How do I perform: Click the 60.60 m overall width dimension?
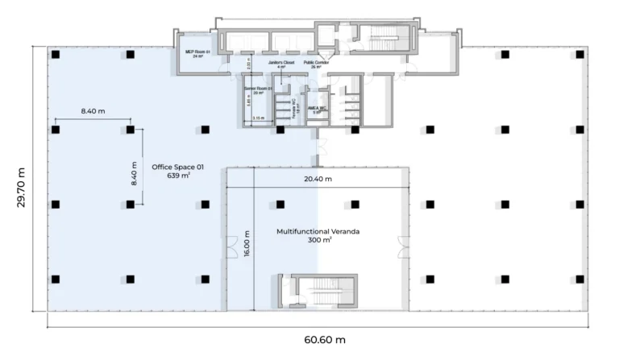pyautogui.click(x=325, y=339)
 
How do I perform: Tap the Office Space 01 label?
pyautogui.click(x=178, y=168)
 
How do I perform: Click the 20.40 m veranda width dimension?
pyautogui.click(x=319, y=179)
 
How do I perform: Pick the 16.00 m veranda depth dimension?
pyautogui.click(x=247, y=245)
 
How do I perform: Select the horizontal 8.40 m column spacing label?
pyautogui.click(x=92, y=111)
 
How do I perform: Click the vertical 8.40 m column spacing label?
pyautogui.click(x=134, y=172)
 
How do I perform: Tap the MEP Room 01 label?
pyautogui.click(x=197, y=52)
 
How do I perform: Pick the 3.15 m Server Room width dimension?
pyautogui.click(x=258, y=118)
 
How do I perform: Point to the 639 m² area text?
pyautogui.click(x=178, y=176)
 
